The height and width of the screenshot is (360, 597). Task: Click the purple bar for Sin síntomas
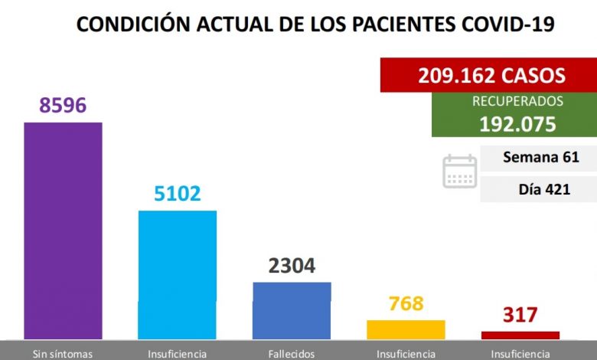(63, 230)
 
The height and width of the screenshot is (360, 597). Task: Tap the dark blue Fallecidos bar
(292, 309)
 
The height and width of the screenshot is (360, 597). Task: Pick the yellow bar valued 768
(406, 329)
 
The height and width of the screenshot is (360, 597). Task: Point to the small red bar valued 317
(520, 335)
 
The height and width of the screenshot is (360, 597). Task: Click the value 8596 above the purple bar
(63, 105)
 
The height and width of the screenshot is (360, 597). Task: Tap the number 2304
(292, 266)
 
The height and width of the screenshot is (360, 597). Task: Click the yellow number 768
(406, 303)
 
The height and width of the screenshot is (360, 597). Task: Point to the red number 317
(520, 315)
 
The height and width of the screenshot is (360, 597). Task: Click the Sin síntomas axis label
(63, 354)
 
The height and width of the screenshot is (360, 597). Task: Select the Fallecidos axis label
(292, 354)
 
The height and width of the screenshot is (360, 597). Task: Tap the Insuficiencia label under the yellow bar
(406, 354)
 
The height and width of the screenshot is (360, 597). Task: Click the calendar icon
(459, 171)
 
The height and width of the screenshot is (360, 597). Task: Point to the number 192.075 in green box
(517, 123)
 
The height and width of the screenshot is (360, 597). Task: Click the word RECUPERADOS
(517, 101)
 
